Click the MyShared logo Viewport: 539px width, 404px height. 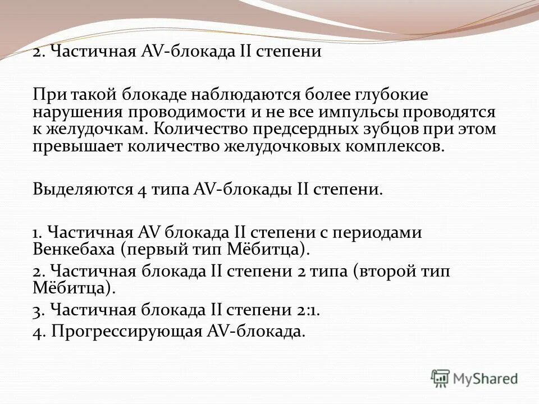474,378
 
